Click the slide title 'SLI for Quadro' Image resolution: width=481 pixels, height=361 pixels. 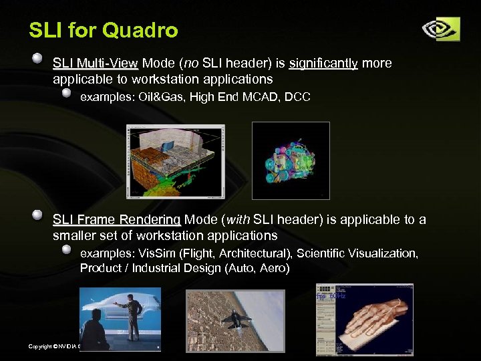pos(104,30)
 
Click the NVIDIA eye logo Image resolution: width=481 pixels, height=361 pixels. pos(440,29)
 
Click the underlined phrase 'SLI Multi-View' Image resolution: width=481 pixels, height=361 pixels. pos(95,64)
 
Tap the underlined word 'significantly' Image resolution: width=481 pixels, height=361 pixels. pos(323,64)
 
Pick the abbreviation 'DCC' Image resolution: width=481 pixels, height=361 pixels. pos(297,98)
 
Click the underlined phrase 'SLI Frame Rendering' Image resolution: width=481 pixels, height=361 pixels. pos(116,220)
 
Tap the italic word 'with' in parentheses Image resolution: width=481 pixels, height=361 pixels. pos(239,220)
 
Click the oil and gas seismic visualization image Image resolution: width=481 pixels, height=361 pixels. pos(175,161)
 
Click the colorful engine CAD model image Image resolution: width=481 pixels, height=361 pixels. pos(291,160)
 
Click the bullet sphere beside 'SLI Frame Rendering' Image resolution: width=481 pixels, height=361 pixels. pos(39,215)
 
